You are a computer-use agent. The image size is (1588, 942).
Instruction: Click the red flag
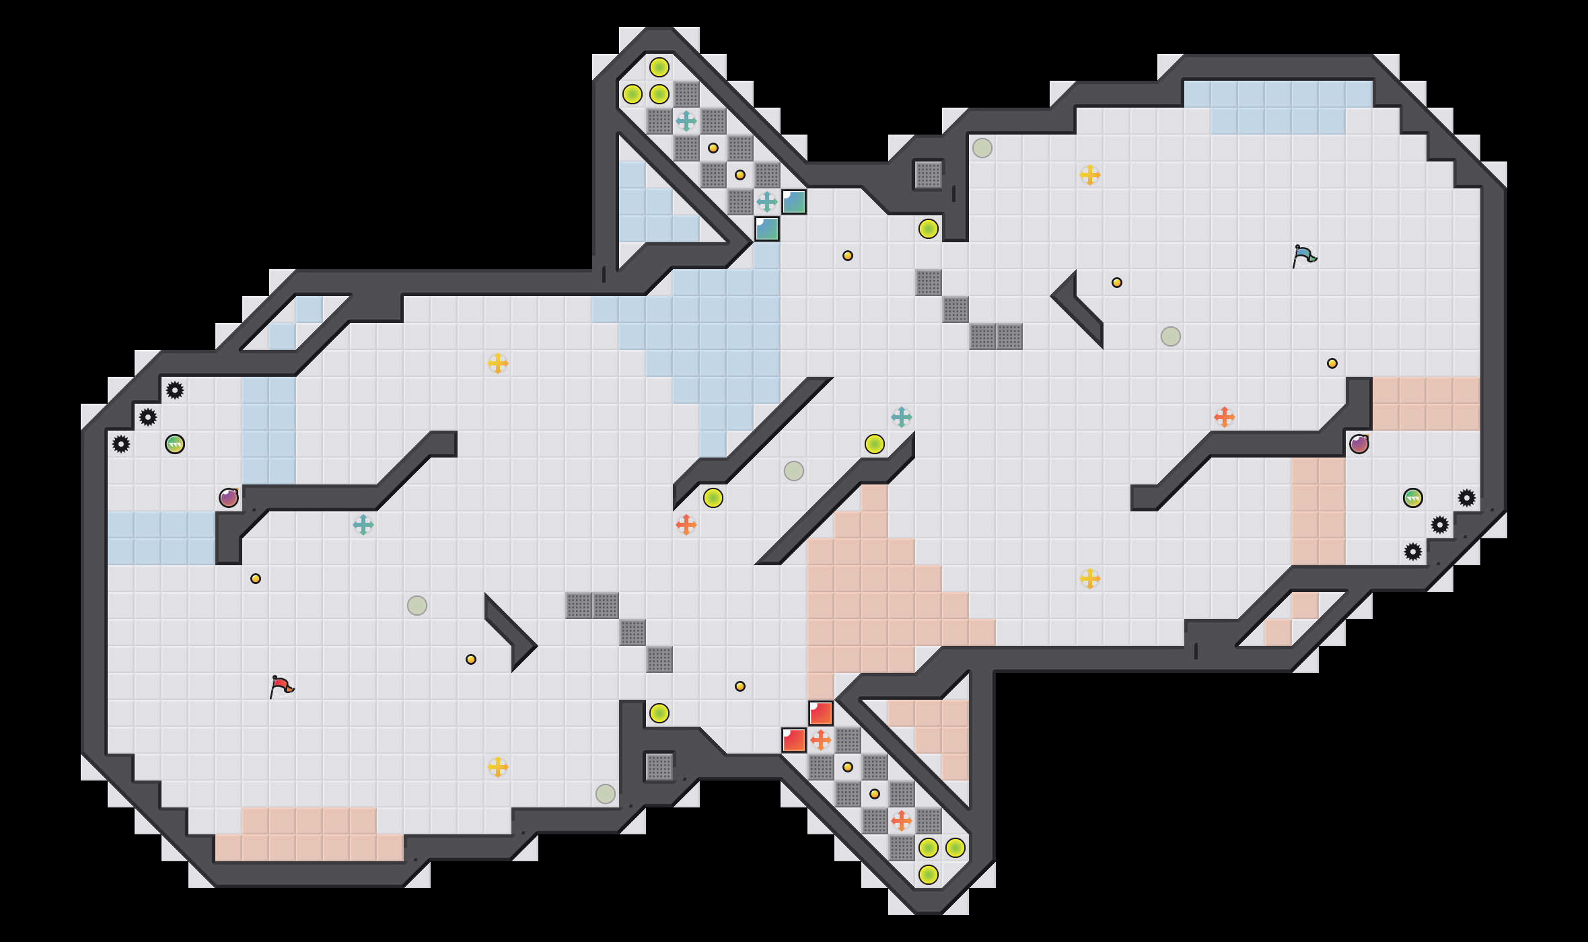[281, 686]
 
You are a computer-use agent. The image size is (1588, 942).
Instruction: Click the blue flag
[1304, 256]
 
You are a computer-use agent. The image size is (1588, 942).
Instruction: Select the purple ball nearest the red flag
[229, 498]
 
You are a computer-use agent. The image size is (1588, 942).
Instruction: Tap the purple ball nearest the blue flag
[1359, 444]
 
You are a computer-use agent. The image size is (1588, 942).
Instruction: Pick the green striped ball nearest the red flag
[175, 444]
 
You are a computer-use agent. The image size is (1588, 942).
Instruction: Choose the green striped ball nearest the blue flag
[1413, 498]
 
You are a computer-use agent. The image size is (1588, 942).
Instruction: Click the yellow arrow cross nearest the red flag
[498, 767]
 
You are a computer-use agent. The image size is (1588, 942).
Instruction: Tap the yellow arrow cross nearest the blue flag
[1090, 175]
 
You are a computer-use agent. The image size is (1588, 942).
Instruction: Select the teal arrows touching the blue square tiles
[767, 202]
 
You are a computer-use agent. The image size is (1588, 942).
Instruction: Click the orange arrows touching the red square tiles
[821, 740]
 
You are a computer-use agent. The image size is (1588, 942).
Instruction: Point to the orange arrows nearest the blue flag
[1225, 417]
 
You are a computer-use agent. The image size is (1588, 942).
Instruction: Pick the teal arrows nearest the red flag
[363, 525]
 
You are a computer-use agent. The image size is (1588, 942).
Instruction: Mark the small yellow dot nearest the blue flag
[1332, 363]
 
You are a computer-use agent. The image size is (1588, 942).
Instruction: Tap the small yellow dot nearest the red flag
[256, 579]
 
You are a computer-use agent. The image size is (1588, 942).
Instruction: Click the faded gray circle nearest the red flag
[417, 606]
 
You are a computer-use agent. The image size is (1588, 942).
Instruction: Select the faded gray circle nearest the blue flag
[1171, 336]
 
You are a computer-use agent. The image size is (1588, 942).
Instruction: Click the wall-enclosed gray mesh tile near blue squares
[929, 175]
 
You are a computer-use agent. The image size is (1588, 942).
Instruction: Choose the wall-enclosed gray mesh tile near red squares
[659, 767]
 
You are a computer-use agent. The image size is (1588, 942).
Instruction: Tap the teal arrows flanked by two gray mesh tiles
[686, 121]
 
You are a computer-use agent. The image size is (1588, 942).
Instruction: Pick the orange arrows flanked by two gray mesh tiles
[902, 821]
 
